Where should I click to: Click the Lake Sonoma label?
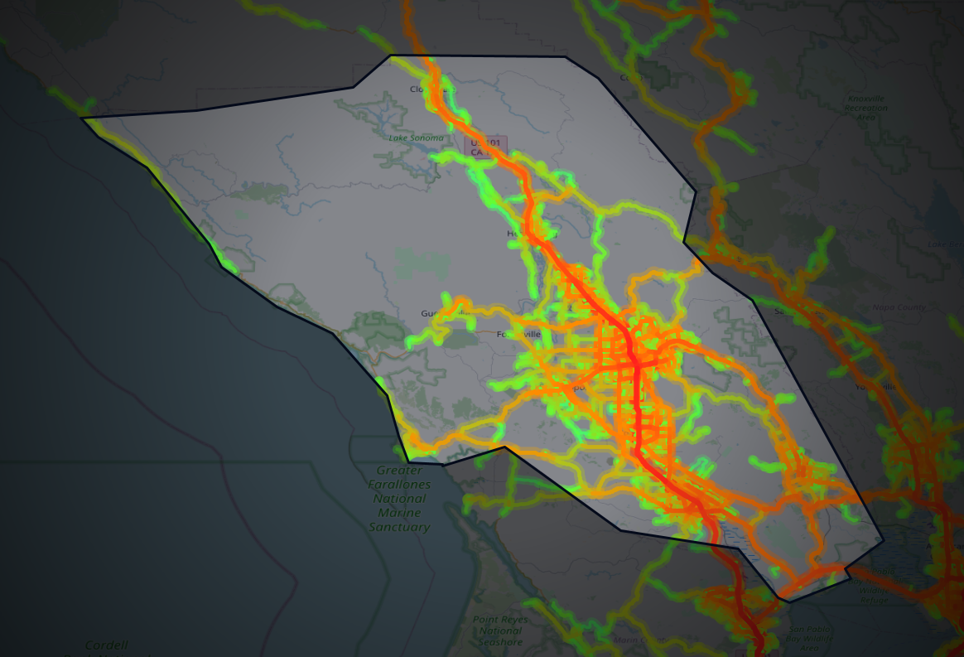click(x=416, y=138)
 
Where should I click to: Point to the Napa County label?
click(x=899, y=307)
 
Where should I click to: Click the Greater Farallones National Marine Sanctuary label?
click(x=399, y=499)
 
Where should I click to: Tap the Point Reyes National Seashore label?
click(x=500, y=630)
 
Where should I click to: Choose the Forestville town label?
click(x=518, y=334)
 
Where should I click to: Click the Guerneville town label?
click(x=436, y=313)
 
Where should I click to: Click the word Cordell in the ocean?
click(x=107, y=645)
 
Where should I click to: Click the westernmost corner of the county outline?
click(x=81, y=118)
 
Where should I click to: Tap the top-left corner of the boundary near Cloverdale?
click(x=390, y=56)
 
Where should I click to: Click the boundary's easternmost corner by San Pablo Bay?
click(x=884, y=541)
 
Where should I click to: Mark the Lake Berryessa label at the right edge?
click(x=945, y=244)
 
